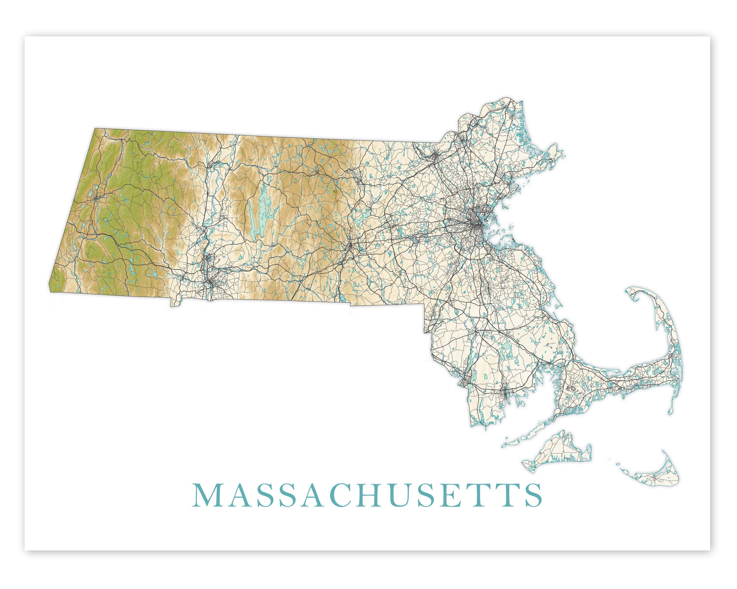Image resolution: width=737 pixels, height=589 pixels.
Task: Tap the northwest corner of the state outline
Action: pyautogui.click(x=95, y=129)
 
